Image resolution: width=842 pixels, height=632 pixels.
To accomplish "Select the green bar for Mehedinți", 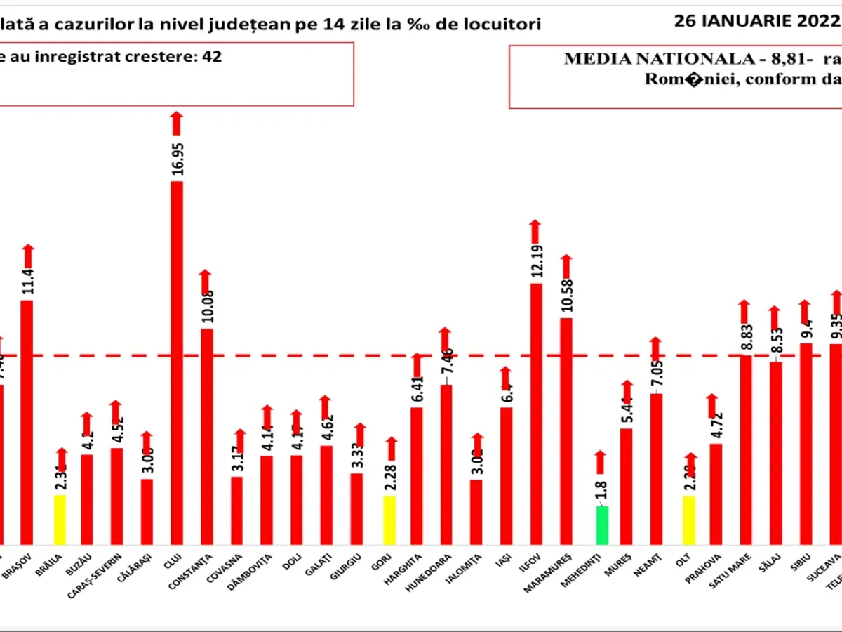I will coord(602,525).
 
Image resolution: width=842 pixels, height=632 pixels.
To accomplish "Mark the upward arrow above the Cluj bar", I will coord(177,124).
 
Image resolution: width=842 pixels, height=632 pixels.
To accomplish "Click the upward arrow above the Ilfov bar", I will coord(535,232).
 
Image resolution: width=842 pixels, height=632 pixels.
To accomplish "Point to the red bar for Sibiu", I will coord(806,442).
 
